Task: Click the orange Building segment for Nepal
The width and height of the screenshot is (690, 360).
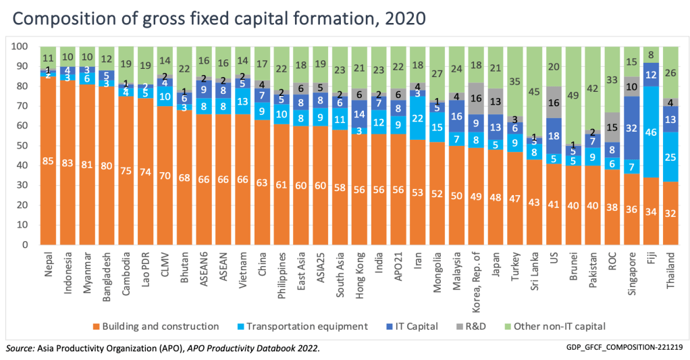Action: point(48,161)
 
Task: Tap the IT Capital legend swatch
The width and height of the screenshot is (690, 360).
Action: point(395,326)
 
